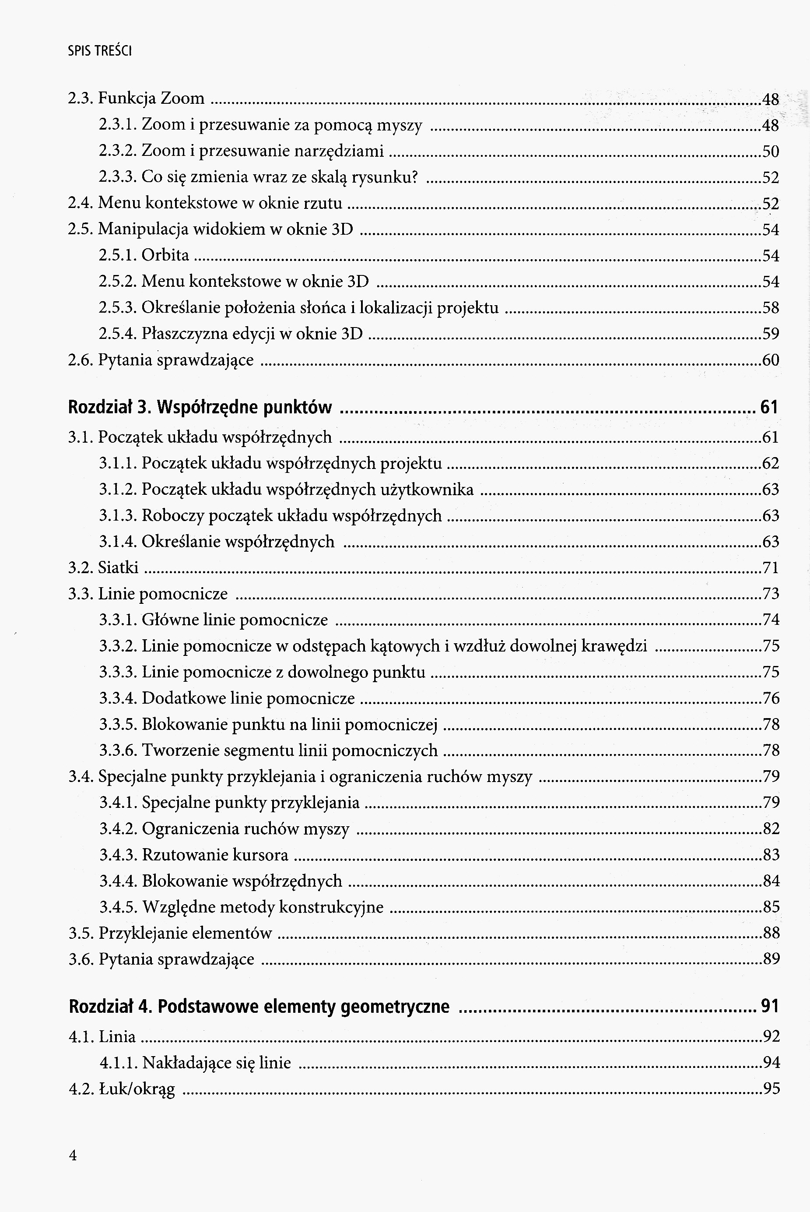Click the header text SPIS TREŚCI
click(x=100, y=51)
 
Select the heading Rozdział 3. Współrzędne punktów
click(x=200, y=408)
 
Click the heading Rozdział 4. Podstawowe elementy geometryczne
click(x=259, y=1006)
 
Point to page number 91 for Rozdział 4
click(x=769, y=1006)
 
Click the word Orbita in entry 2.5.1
click(x=165, y=255)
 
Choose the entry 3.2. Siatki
click(x=103, y=567)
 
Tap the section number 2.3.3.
click(x=117, y=177)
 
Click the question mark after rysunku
click(x=413, y=177)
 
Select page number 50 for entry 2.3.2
click(x=771, y=151)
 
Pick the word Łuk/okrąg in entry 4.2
click(x=137, y=1089)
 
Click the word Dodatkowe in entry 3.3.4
click(x=175, y=698)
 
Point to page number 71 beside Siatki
click(x=771, y=567)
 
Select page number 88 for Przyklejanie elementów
click(x=771, y=933)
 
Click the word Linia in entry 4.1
click(x=117, y=1036)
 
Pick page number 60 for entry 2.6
click(x=771, y=360)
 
